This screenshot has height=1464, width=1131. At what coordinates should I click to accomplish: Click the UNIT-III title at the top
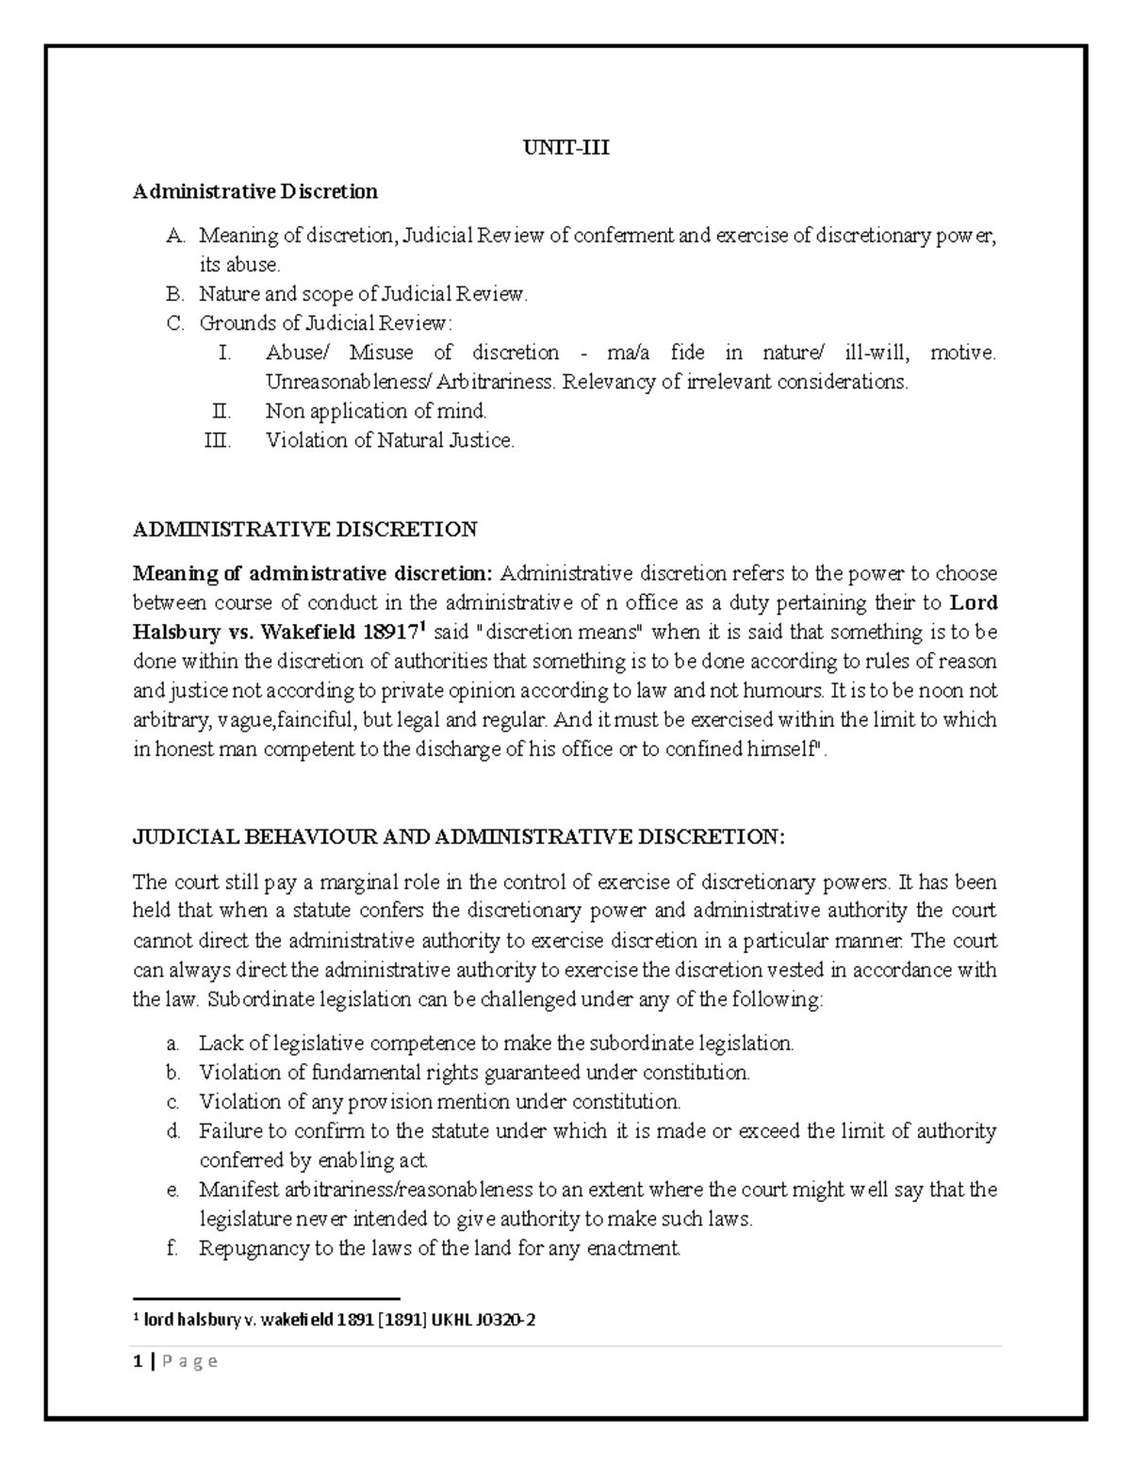[565, 147]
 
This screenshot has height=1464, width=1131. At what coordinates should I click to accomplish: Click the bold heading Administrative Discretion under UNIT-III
[254, 191]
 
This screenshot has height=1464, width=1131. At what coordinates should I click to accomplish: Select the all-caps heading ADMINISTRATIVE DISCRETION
[304, 529]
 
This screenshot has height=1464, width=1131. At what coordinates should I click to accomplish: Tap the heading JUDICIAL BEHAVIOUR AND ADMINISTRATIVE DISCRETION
[458, 836]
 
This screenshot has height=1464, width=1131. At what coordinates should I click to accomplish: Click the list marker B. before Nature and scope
[172, 294]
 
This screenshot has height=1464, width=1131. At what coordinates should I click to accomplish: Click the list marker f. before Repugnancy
[172, 1248]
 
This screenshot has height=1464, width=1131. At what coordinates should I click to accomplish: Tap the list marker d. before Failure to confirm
[172, 1130]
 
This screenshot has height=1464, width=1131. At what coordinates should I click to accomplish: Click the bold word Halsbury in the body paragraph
[172, 632]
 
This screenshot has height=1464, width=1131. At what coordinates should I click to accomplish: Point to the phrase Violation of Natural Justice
[390, 439]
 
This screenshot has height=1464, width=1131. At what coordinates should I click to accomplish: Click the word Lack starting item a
[218, 1043]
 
